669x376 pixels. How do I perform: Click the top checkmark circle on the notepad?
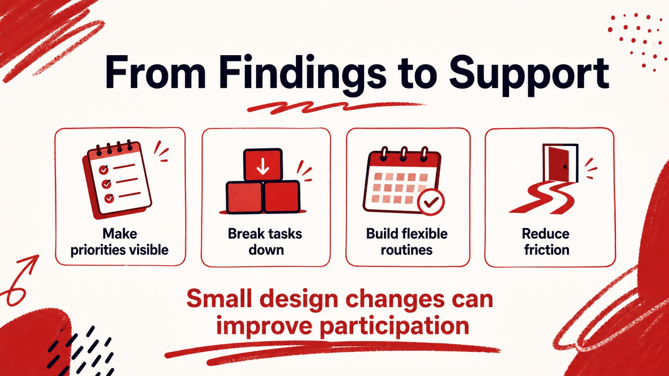(x=104, y=170)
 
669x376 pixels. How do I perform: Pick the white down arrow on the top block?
(x=263, y=166)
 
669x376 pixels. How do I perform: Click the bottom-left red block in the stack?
(x=244, y=197)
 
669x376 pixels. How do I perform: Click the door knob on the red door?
(x=565, y=166)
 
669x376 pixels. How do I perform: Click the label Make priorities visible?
(x=120, y=241)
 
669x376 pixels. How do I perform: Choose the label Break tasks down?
(x=265, y=241)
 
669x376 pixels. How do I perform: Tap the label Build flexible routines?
(x=407, y=241)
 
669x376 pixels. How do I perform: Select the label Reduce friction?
(x=546, y=241)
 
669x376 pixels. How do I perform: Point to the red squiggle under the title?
(x=337, y=107)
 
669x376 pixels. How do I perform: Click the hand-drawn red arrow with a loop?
(x=20, y=280)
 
